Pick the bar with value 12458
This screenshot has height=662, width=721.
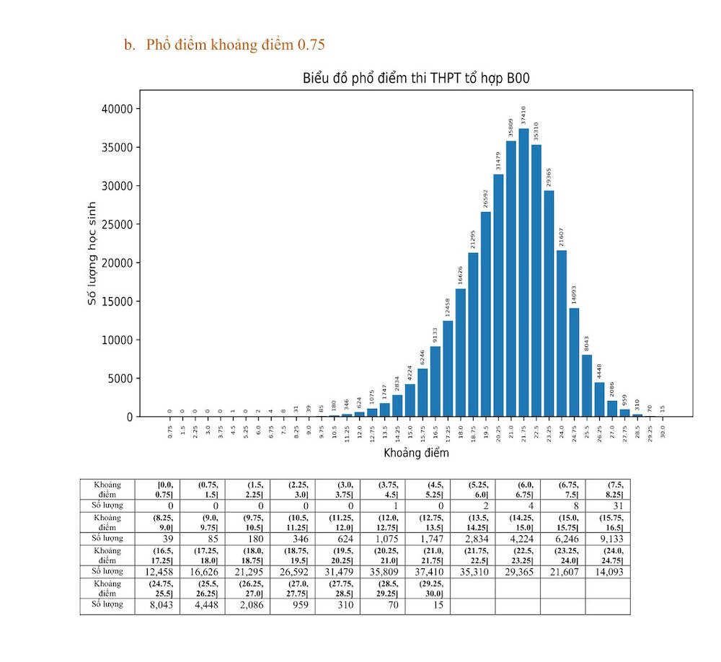(x=448, y=368)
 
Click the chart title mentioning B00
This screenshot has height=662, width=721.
(x=416, y=79)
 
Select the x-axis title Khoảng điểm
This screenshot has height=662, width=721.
(x=416, y=453)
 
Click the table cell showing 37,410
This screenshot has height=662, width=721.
(x=427, y=571)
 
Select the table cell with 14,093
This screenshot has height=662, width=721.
(x=607, y=571)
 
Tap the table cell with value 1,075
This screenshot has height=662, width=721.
(x=382, y=538)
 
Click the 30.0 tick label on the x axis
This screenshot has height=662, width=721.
(x=663, y=431)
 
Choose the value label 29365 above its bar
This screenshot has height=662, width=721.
(x=549, y=177)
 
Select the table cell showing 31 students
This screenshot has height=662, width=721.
(x=607, y=506)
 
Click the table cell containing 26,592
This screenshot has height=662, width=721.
(x=292, y=571)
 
